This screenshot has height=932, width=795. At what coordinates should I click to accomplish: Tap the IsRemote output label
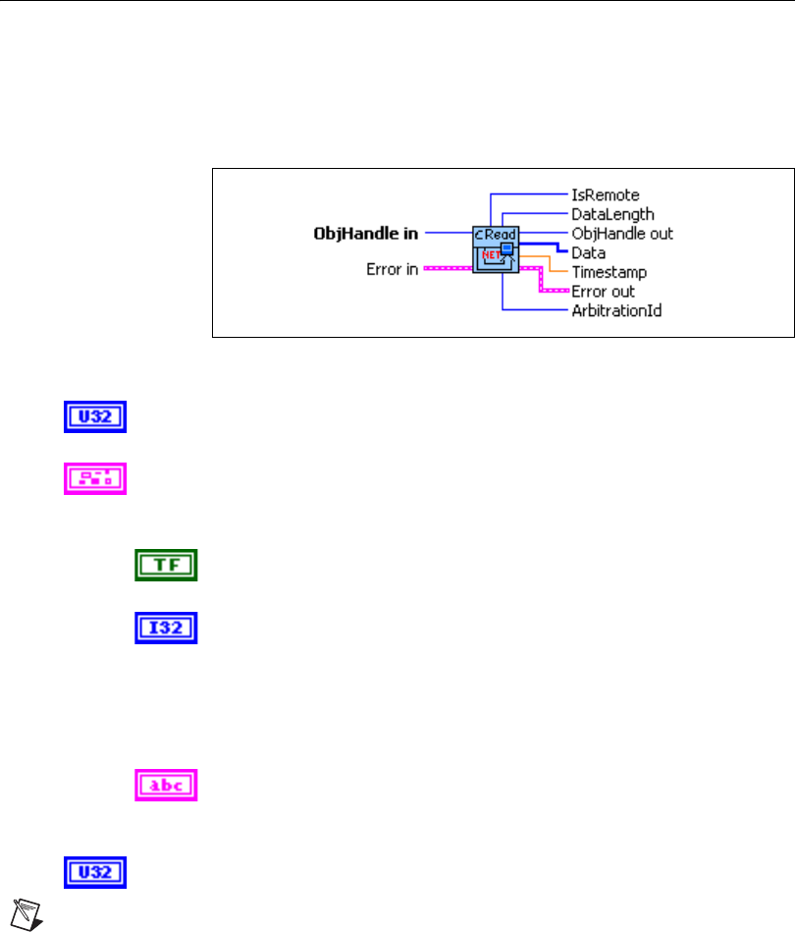[605, 195]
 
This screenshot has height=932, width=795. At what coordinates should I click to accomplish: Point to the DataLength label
[612, 213]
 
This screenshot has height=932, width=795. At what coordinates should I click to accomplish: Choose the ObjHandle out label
[622, 234]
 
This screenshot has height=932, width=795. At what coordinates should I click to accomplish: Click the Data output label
[588, 252]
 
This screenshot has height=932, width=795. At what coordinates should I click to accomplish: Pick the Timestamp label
[609, 271]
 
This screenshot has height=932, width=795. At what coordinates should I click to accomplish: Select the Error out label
[603, 291]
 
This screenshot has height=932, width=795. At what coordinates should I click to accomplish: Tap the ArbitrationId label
[616, 310]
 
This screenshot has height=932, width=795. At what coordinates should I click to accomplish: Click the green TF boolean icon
[166, 565]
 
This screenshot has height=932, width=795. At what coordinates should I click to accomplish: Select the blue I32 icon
[166, 628]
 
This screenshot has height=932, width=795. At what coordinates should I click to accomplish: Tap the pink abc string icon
[166, 785]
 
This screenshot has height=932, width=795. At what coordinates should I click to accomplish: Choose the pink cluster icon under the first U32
[95, 478]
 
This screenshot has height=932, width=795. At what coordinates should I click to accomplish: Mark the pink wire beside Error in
[448, 269]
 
